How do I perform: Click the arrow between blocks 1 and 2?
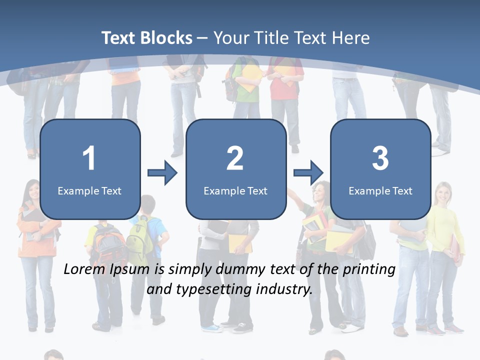[x=162, y=173]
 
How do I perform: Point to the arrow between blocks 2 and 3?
[x=308, y=173]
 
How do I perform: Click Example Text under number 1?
[x=89, y=190]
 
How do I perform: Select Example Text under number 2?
[x=235, y=190]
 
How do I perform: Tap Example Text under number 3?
[x=380, y=190]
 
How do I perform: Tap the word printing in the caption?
[x=369, y=270]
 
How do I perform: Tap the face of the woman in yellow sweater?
[x=443, y=192]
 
